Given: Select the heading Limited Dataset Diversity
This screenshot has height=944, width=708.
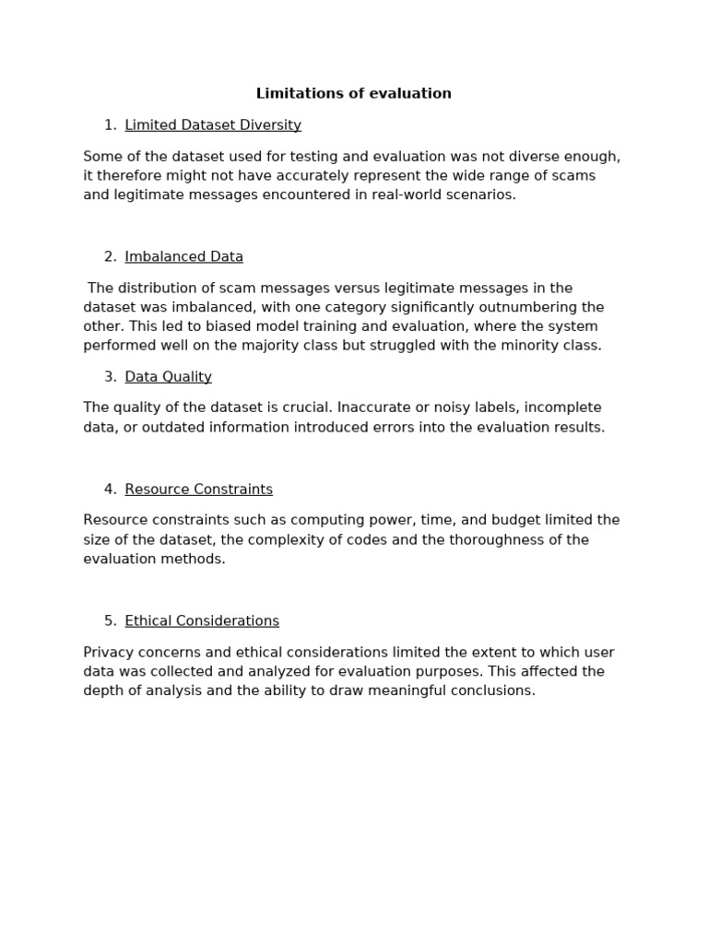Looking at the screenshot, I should pos(213,125).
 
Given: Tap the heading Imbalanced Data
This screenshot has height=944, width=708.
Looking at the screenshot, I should pos(184,257).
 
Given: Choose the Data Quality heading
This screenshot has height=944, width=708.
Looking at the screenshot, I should pos(169,377).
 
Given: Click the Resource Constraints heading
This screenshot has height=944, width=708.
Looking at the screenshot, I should pos(199,490).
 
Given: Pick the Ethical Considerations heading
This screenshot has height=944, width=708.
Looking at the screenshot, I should pos(202,621).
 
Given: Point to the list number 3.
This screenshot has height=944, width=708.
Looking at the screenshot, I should pos(111,377).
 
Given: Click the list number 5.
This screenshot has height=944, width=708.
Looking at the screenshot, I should pos(111,621).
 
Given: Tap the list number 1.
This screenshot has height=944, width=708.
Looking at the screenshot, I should pos(111,125).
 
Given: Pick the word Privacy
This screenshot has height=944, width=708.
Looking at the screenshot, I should pos(108,653).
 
